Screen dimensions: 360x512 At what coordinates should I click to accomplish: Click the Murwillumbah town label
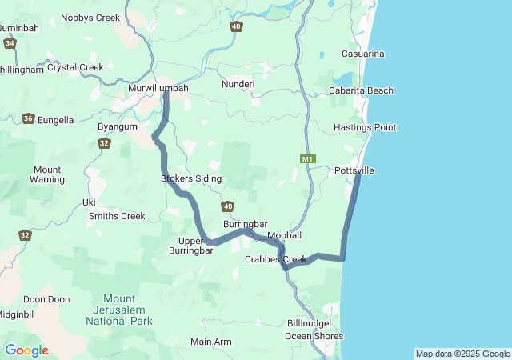(x=158, y=88)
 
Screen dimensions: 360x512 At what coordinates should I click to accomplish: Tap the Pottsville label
(x=354, y=171)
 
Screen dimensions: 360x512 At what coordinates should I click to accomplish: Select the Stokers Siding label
(x=191, y=178)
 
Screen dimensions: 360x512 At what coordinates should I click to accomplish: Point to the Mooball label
(x=285, y=235)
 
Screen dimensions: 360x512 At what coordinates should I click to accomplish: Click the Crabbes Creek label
(x=276, y=259)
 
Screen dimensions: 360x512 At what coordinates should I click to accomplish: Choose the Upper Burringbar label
(x=191, y=245)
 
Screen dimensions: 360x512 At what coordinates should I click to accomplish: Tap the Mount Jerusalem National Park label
(x=118, y=310)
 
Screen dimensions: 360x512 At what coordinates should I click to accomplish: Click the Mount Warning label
(x=47, y=174)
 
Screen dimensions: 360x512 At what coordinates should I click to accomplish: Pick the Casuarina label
(x=362, y=54)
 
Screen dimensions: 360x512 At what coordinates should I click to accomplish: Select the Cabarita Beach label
(x=361, y=90)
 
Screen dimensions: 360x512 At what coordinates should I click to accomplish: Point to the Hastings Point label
(x=365, y=127)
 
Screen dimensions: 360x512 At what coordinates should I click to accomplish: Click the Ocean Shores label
(x=314, y=336)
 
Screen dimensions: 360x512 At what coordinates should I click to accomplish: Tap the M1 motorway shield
(x=308, y=159)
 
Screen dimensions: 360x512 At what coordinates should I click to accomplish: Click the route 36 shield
(x=28, y=118)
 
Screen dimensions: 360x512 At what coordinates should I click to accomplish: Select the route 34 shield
(x=10, y=43)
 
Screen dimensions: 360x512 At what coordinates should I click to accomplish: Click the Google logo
(x=26, y=350)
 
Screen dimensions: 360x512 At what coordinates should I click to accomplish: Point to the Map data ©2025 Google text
(x=462, y=354)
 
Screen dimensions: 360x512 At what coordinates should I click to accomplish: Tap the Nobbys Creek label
(x=90, y=18)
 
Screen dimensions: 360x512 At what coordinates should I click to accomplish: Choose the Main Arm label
(x=211, y=342)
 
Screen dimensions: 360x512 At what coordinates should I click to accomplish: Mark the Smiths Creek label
(x=117, y=216)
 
